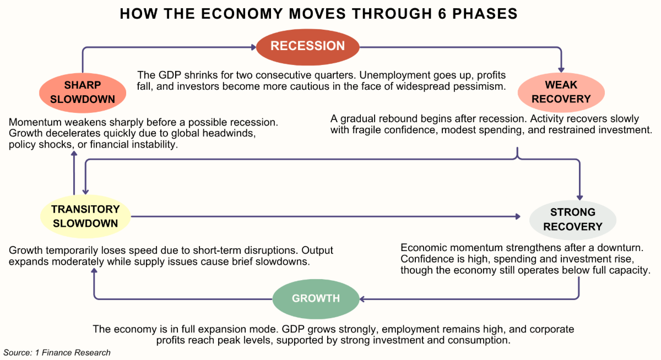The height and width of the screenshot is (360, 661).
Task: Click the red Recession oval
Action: click(x=307, y=46)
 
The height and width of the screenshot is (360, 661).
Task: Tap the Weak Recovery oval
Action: click(x=561, y=92)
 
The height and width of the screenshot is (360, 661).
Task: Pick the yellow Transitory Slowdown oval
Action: click(x=85, y=216)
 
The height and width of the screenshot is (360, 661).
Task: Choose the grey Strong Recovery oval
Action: click(x=572, y=219)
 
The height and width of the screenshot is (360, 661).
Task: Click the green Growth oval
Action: click(x=316, y=298)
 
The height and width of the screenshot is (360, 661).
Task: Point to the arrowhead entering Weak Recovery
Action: click(x=561, y=68)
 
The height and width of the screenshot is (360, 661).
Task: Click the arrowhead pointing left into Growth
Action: click(x=362, y=299)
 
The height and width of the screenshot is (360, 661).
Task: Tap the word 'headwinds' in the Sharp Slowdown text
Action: click(x=232, y=133)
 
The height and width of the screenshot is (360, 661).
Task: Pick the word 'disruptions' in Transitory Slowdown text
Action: click(x=264, y=250)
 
